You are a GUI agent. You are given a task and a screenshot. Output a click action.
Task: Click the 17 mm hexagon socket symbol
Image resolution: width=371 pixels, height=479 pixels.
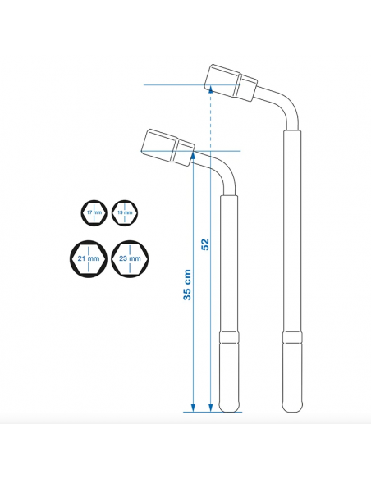click(94, 212)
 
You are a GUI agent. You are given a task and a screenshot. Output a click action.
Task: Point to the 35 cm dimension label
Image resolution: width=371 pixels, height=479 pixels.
click(187, 283)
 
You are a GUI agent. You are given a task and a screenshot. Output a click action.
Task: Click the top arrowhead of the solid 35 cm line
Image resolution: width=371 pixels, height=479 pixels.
click(192, 155)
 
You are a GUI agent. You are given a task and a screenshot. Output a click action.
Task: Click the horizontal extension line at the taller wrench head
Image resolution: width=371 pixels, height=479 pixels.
click(172, 85)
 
